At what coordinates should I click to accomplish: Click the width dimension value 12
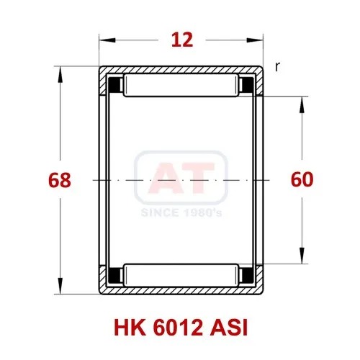pyautogui.click(x=182, y=40)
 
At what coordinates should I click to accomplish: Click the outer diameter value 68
pyautogui.click(x=60, y=180)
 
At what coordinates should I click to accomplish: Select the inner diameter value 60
pyautogui.click(x=302, y=179)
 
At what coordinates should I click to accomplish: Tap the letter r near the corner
pyautogui.click(x=277, y=67)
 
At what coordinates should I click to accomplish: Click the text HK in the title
pyautogui.click(x=130, y=328)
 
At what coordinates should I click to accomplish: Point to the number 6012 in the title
pyautogui.click(x=178, y=328)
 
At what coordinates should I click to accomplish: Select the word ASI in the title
pyautogui.click(x=229, y=328)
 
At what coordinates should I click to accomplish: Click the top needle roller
pyautogui.click(x=181, y=86)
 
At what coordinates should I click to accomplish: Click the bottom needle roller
pyautogui.click(x=181, y=275)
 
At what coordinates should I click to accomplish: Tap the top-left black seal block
pyautogui.click(x=115, y=85)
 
